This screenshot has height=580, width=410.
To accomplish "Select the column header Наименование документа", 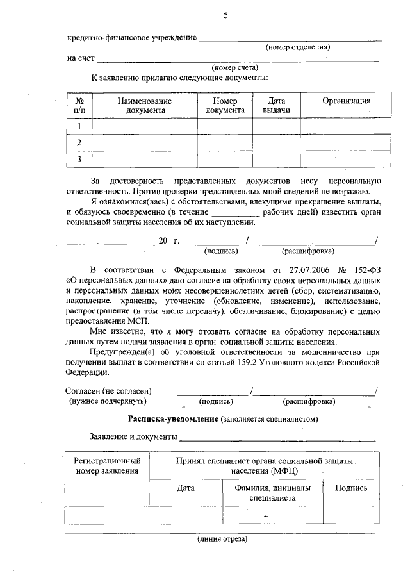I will click(x=144, y=106).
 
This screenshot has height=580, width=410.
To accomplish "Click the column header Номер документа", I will click(x=225, y=106).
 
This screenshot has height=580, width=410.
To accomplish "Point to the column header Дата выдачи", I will click(x=276, y=106).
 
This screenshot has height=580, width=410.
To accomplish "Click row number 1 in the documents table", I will click(x=79, y=126).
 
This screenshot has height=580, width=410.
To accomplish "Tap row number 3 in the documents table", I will click(x=79, y=158).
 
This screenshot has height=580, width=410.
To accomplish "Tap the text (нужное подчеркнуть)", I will click(x=108, y=402).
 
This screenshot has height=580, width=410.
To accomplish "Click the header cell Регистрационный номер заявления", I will click(x=107, y=466).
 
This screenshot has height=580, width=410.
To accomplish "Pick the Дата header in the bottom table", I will click(x=186, y=488).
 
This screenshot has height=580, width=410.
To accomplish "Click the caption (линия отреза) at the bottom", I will click(x=222, y=539).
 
